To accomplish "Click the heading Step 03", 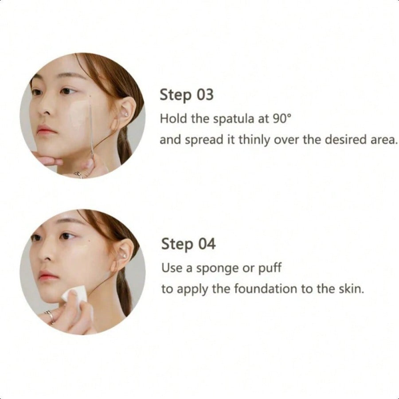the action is click(x=187, y=95).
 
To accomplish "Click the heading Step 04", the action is click(x=188, y=244).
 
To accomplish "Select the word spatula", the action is click(x=233, y=119).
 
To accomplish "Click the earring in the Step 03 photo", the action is click(x=126, y=114).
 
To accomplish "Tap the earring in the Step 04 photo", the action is click(x=125, y=255).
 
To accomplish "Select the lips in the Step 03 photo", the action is click(x=45, y=130).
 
